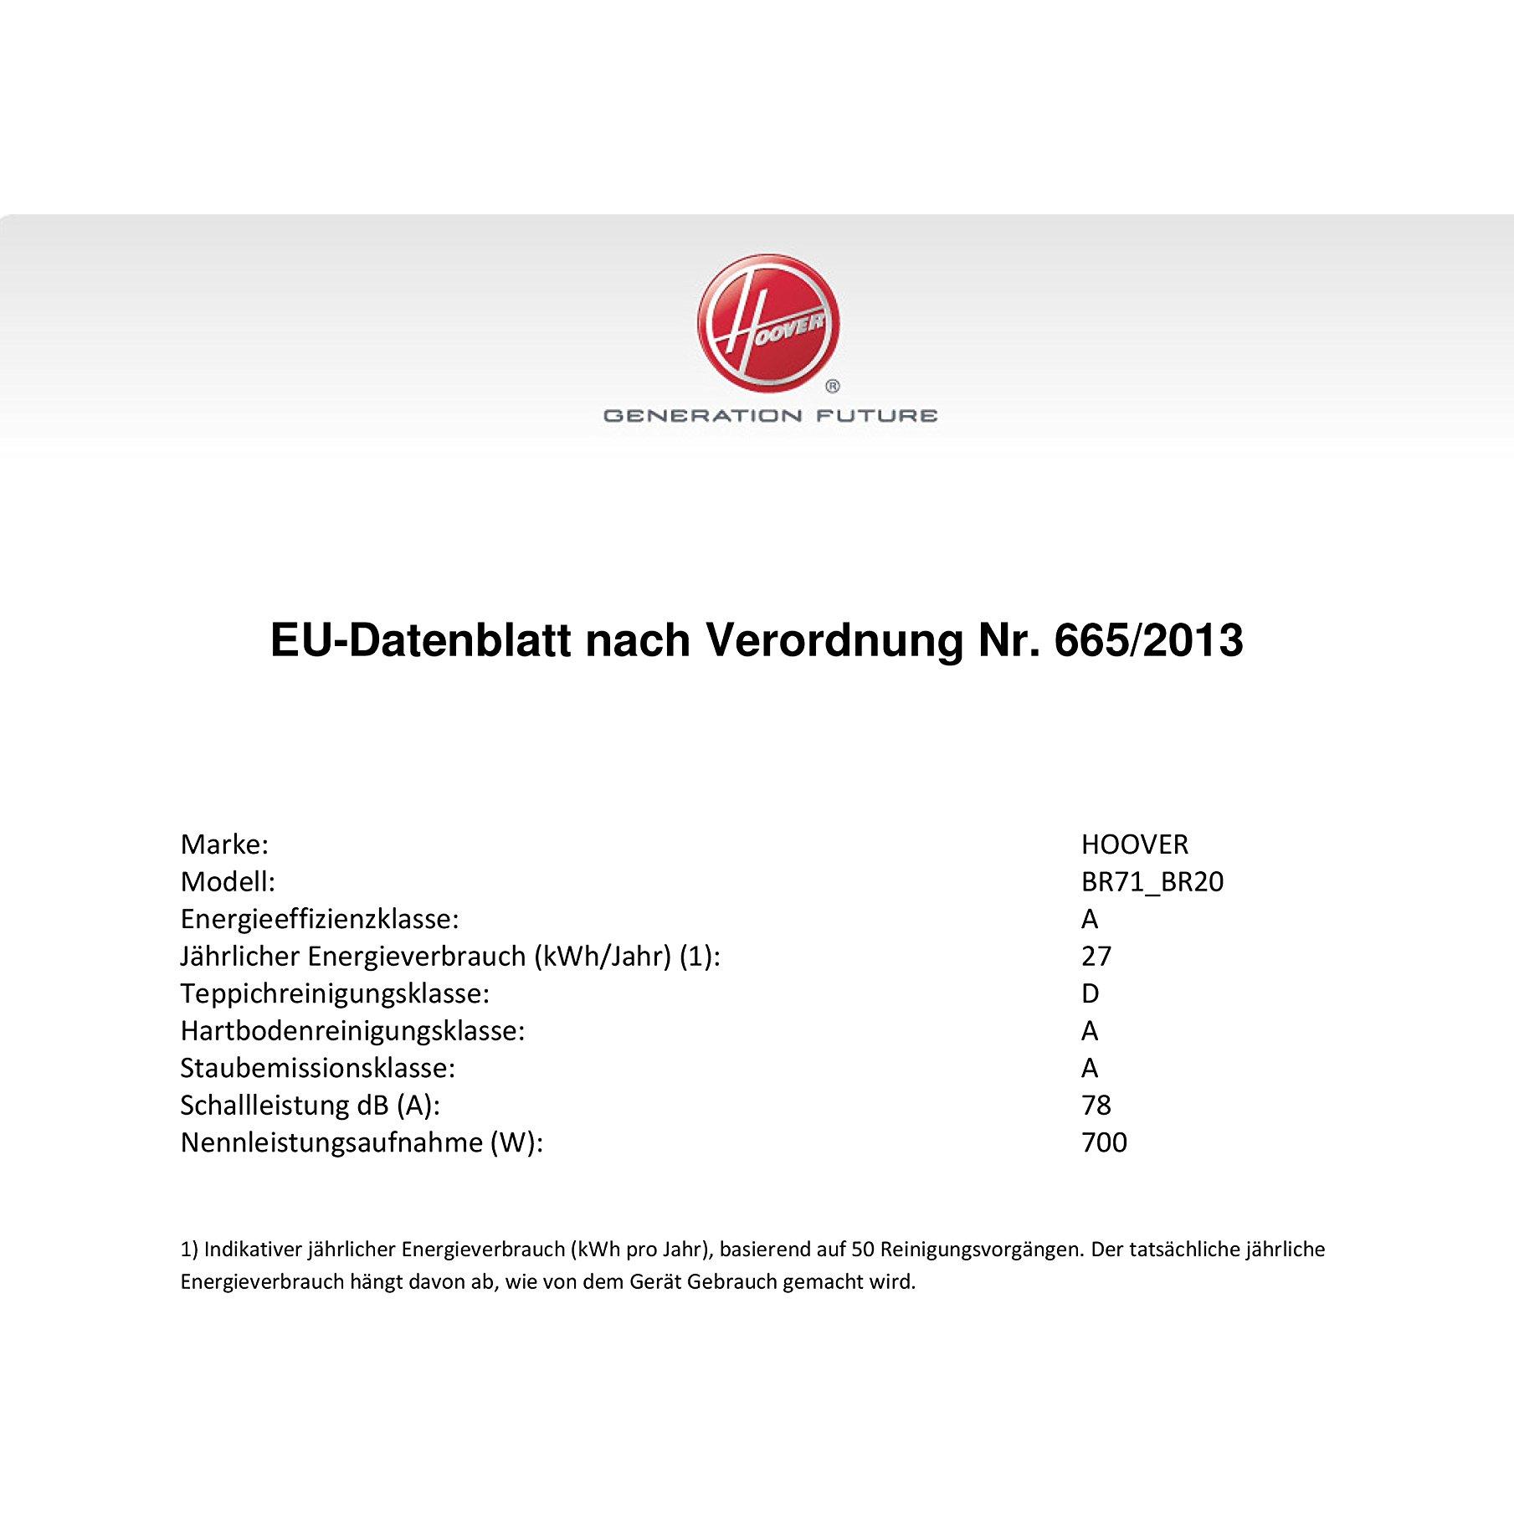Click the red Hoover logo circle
click(x=767, y=324)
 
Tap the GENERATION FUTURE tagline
click(x=770, y=415)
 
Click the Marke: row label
click(x=224, y=844)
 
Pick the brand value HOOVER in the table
click(x=1134, y=844)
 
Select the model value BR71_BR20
click(x=1152, y=882)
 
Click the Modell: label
click(x=228, y=882)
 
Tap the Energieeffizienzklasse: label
click(x=320, y=919)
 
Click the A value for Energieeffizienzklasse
click(x=1089, y=919)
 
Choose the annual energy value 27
click(x=1096, y=956)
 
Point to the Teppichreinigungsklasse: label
click(x=335, y=993)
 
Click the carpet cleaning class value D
click(x=1090, y=993)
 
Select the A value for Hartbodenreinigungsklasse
click(x=1089, y=1030)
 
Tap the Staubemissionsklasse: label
click(x=318, y=1068)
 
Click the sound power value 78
click(x=1096, y=1105)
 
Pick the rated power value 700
click(x=1104, y=1142)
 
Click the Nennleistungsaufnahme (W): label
click(x=362, y=1142)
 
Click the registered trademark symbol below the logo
click(x=833, y=387)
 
